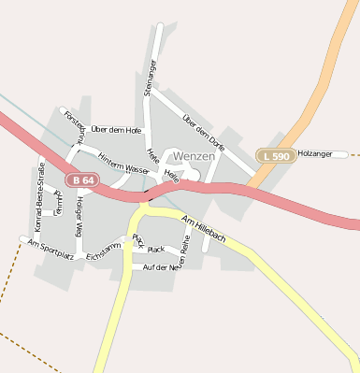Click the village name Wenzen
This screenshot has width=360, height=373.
tap(194, 156)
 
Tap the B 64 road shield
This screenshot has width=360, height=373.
tap(82, 179)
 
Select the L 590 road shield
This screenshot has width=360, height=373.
tap(276, 154)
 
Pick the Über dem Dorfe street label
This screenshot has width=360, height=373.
tap(204, 133)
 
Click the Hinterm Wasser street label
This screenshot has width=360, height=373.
tap(123, 163)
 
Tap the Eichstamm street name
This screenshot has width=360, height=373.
tap(103, 251)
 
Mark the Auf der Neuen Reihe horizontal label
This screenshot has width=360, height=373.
tap(160, 268)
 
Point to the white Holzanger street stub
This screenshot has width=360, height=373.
tap(341, 153)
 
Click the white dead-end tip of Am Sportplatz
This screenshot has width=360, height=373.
tap(24, 240)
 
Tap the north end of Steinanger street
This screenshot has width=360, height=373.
tap(160, 27)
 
